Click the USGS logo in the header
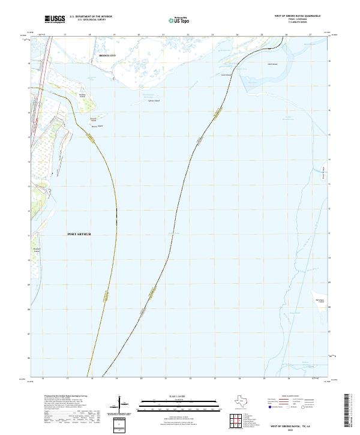pyautogui.click(x=55, y=19)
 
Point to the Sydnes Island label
pyautogui.click(x=154, y=101)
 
